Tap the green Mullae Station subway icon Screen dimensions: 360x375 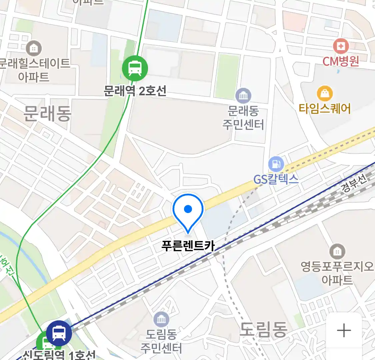click(135, 68)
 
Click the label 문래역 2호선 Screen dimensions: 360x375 click(135, 91)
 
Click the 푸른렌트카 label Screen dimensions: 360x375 click(188, 246)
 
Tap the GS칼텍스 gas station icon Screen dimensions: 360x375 click(276, 164)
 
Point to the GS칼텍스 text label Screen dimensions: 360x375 click(276, 180)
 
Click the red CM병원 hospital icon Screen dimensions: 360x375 click(341, 46)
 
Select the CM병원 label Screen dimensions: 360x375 click(341, 61)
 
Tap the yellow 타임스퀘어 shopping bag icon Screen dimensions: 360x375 click(324, 94)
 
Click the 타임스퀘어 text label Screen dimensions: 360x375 click(324, 109)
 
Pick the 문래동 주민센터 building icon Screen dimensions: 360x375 click(243, 96)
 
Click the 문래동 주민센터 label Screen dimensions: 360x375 click(243, 118)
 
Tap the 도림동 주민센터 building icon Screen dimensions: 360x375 click(161, 320)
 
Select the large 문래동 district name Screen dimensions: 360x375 click(47, 114)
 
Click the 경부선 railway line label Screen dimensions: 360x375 click(354, 183)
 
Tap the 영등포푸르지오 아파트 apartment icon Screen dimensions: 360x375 click(337, 251)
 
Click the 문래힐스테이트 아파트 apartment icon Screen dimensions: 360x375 click(33, 48)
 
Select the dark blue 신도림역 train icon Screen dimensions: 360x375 click(59, 333)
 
